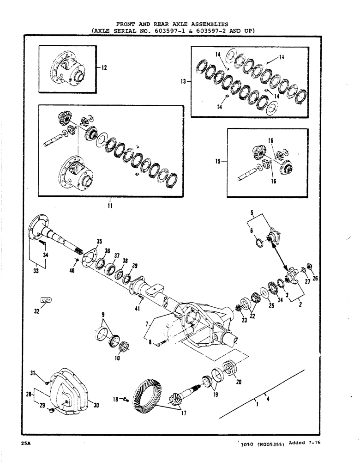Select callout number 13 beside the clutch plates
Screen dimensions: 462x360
[183, 81]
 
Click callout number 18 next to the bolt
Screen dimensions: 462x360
[116, 398]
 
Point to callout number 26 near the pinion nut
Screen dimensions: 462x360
[315, 278]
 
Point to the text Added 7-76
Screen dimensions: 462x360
[303, 443]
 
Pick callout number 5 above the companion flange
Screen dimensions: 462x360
[252, 213]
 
